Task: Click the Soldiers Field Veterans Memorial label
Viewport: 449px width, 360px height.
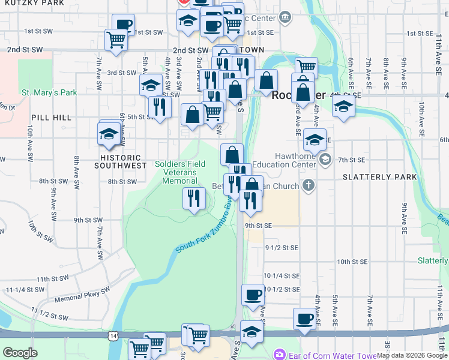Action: pyautogui.click(x=180, y=172)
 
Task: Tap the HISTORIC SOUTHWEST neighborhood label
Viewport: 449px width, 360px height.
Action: pyautogui.click(x=120, y=161)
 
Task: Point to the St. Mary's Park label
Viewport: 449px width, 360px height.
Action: pyautogui.click(x=49, y=93)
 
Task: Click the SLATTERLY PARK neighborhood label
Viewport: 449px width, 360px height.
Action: pyautogui.click(x=379, y=177)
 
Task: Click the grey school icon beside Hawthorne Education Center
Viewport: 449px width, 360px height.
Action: pyautogui.click(x=325, y=159)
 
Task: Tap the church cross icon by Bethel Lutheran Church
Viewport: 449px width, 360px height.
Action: pyautogui.click(x=309, y=185)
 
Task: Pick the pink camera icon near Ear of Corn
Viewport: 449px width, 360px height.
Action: pyautogui.click(x=279, y=355)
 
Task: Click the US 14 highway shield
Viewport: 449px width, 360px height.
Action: pyautogui.click(x=112, y=336)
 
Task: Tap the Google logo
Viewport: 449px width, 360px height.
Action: pyautogui.click(x=20, y=353)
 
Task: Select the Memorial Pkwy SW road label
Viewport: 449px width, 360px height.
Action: pyautogui.click(x=82, y=293)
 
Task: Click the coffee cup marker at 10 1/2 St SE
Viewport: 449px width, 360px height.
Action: pyautogui.click(x=253, y=295)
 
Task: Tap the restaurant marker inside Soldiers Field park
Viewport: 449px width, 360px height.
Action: pyautogui.click(x=193, y=198)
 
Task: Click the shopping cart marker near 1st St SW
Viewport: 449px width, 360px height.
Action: pyautogui.click(x=115, y=40)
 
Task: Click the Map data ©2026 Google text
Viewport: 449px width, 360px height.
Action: pyautogui.click(x=411, y=355)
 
